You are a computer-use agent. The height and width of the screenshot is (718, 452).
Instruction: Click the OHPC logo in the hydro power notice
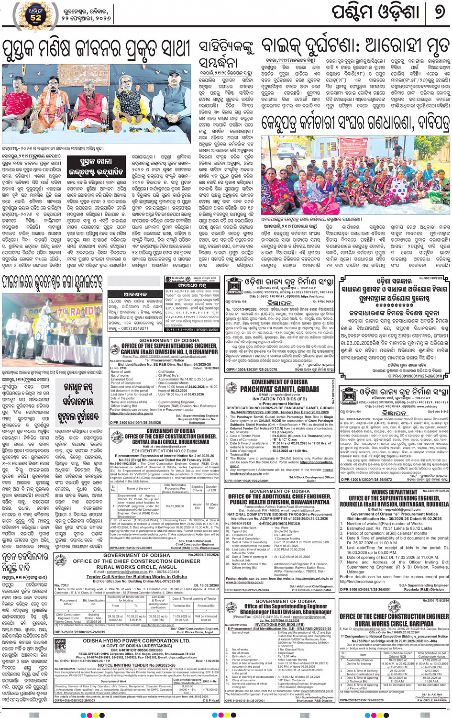click(60, 647)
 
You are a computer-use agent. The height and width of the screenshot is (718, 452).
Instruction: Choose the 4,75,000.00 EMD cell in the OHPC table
click(210, 690)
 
